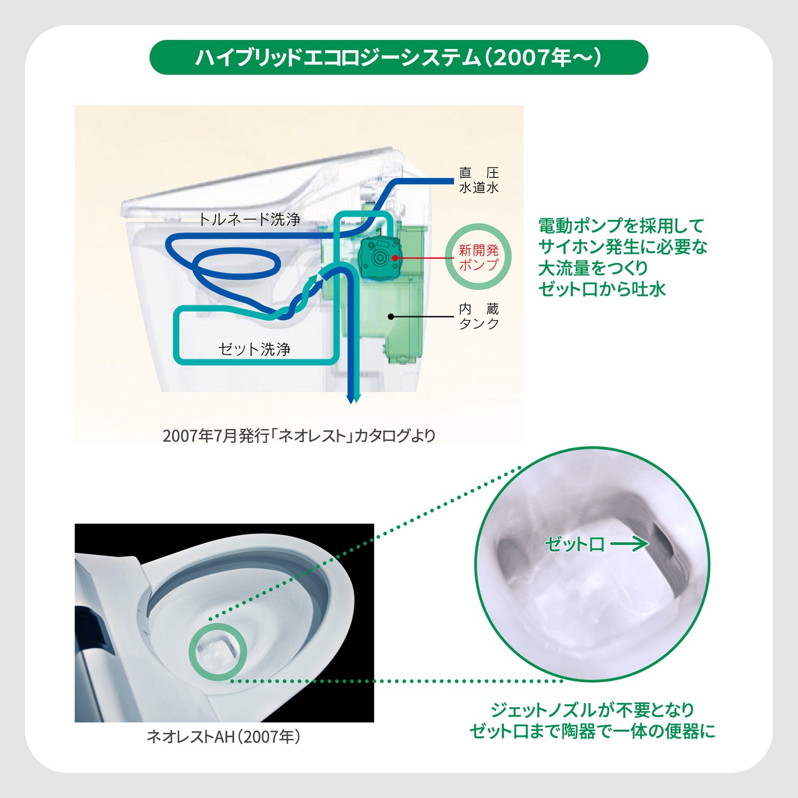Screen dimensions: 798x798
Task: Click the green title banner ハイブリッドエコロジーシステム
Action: click(x=398, y=57)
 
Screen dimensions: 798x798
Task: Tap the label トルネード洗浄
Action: click(x=250, y=219)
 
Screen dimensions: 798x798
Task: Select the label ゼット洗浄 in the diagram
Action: click(x=254, y=349)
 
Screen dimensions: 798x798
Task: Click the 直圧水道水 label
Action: click(x=479, y=180)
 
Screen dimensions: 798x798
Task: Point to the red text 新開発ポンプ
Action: click(x=479, y=257)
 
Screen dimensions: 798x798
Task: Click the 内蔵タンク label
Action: click(x=479, y=316)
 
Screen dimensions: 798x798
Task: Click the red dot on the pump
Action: click(x=395, y=258)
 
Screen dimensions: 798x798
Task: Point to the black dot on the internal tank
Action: click(x=391, y=317)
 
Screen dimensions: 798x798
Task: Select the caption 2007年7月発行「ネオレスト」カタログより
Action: click(x=299, y=436)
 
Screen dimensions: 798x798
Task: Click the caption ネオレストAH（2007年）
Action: click(x=224, y=736)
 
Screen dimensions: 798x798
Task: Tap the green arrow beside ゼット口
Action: click(x=629, y=544)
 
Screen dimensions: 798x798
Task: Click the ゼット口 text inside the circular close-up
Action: click(x=575, y=544)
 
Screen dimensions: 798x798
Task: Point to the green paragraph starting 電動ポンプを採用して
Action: click(x=622, y=257)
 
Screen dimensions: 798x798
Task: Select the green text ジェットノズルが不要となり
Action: click(x=592, y=710)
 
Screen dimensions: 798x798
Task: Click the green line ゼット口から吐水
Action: click(x=602, y=289)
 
